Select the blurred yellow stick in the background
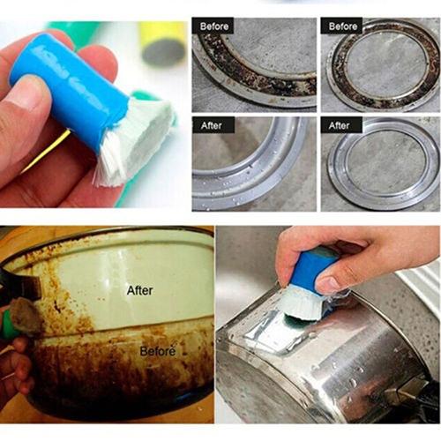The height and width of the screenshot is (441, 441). [162, 41]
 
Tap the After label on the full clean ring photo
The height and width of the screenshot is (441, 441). [340, 125]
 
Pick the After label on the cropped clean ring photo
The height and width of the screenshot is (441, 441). [212, 125]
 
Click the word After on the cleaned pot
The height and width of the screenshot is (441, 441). [139, 290]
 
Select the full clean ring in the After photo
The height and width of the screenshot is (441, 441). [379, 168]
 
